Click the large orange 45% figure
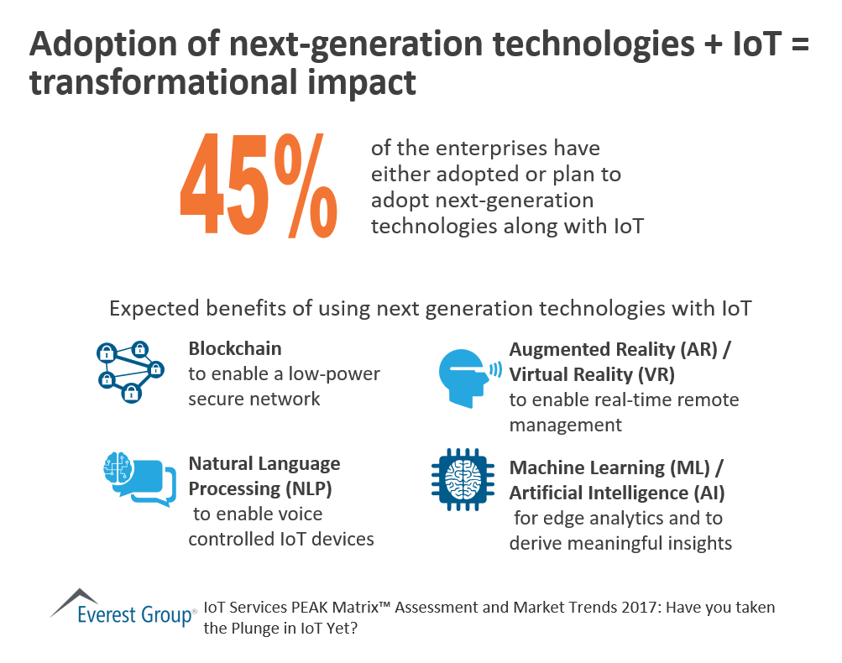click(x=259, y=191)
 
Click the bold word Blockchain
click(x=234, y=348)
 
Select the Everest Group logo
click(x=122, y=608)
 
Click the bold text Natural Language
click(x=264, y=463)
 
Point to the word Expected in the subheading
click(x=147, y=309)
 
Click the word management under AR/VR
click(x=566, y=425)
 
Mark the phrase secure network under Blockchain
click(x=254, y=399)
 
